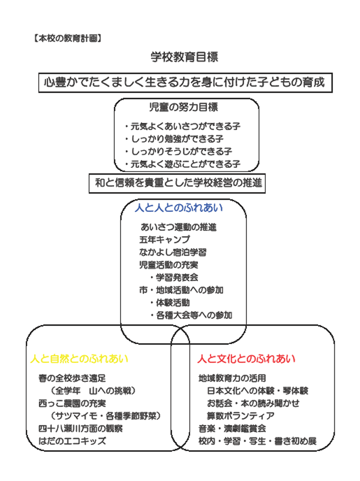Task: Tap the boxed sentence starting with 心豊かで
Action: [x=186, y=82]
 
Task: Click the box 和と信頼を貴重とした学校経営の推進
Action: [x=178, y=183]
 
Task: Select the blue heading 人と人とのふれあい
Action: [x=178, y=208]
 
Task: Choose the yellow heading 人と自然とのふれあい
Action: [x=79, y=359]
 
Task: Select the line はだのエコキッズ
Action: [x=72, y=441]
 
